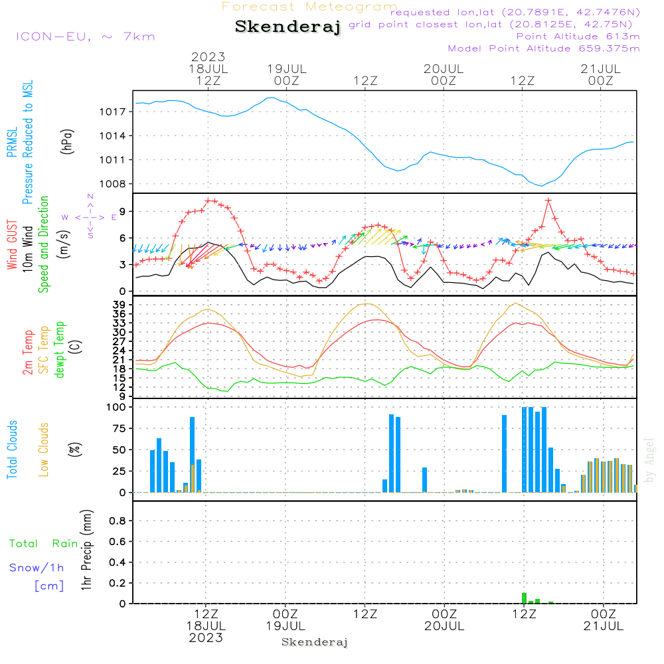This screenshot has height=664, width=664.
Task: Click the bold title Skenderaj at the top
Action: tap(288, 27)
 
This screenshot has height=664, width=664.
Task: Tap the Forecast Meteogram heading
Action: tap(309, 7)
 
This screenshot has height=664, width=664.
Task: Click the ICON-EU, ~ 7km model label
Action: tap(85, 36)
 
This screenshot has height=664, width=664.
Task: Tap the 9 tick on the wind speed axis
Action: tap(123, 211)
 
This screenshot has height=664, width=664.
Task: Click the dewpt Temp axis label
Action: tap(60, 350)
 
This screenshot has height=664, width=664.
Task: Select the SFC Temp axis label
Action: tap(44, 350)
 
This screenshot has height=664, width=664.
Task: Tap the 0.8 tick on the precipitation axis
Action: tap(117, 521)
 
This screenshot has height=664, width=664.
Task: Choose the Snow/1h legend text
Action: tap(37, 568)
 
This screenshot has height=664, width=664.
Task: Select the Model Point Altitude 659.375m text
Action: tap(543, 48)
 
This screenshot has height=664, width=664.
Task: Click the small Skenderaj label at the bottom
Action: tap(315, 642)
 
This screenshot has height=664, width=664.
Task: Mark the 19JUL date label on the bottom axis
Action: tap(286, 625)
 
